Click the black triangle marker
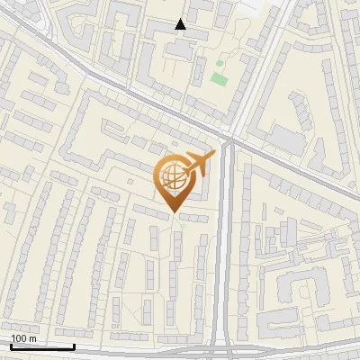(x=181, y=24)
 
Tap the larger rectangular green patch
(x=219, y=78)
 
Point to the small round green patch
(x=219, y=64)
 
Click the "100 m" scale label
(x=23, y=338)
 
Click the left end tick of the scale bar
(x=11, y=345)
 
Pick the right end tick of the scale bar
(x=74, y=345)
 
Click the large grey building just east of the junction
(x=287, y=139)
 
